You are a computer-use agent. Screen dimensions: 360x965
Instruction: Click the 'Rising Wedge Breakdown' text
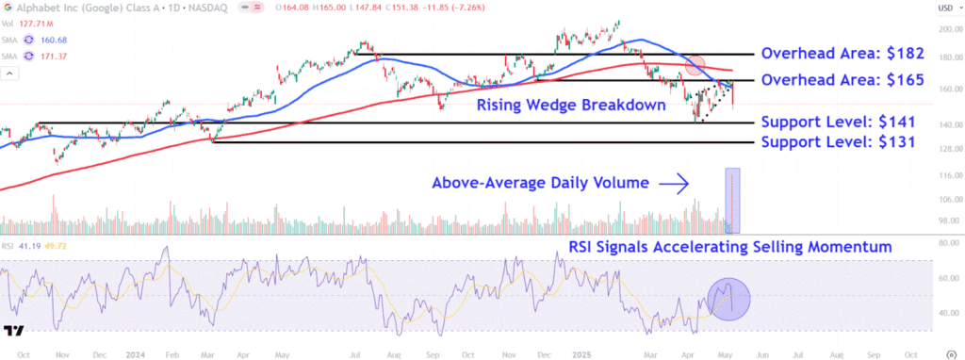point(570,105)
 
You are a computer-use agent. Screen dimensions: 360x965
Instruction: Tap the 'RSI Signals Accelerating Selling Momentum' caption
point(730,247)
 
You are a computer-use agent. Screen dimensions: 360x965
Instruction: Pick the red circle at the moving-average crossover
point(695,65)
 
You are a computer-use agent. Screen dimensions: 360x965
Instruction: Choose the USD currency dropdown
point(945,8)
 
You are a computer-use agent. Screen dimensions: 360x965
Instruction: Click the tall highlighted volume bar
point(732,201)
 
